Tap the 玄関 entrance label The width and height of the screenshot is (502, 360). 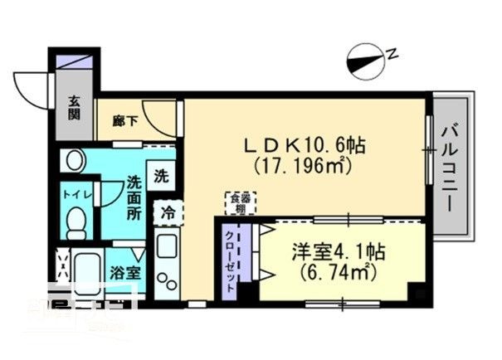tap(74, 107)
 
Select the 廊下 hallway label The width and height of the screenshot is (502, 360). tap(123, 120)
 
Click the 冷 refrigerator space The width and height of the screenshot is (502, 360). tap(167, 212)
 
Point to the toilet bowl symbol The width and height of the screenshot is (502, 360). tap(76, 222)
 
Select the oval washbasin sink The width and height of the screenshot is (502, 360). tap(73, 161)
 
